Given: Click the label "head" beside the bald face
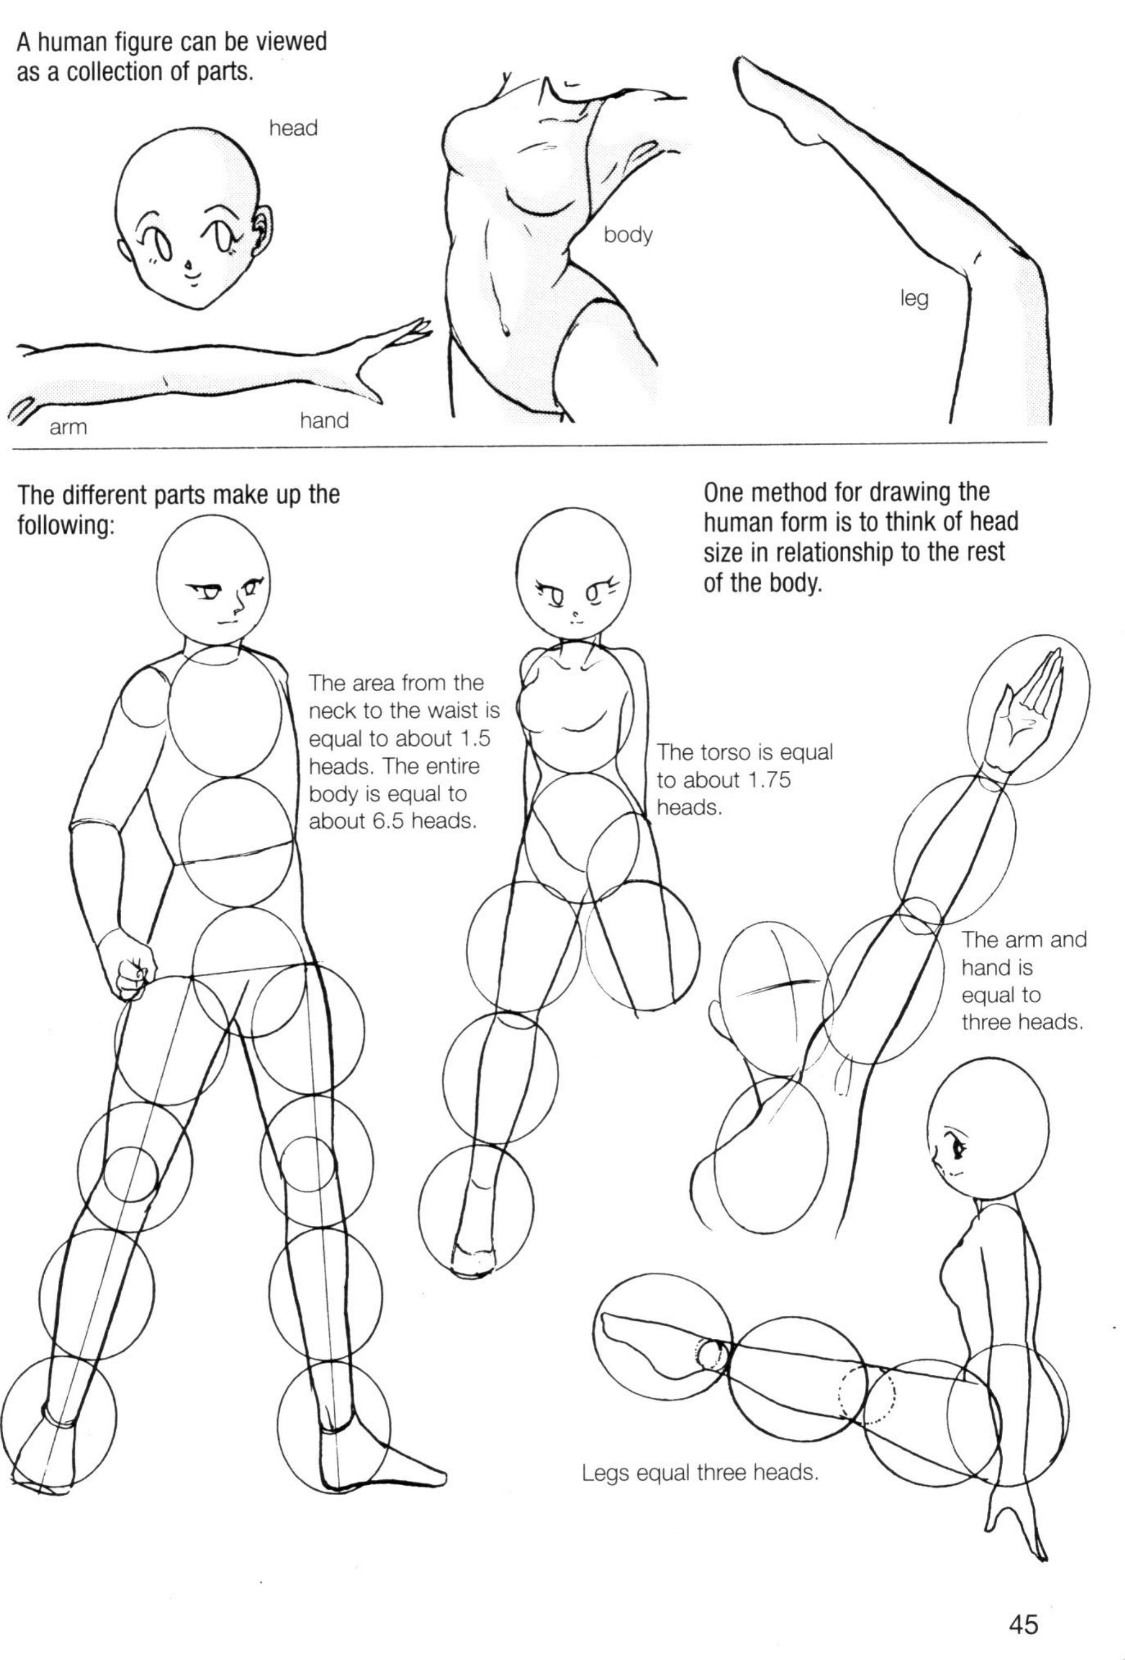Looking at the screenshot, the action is pyautogui.click(x=293, y=128).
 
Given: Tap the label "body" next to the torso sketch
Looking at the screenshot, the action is pyautogui.click(x=628, y=235).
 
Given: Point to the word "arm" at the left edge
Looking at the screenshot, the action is pyautogui.click(x=69, y=427).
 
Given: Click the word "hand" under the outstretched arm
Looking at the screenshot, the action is pyautogui.click(x=324, y=421).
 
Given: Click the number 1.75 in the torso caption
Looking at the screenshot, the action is pyautogui.click(x=768, y=780).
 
